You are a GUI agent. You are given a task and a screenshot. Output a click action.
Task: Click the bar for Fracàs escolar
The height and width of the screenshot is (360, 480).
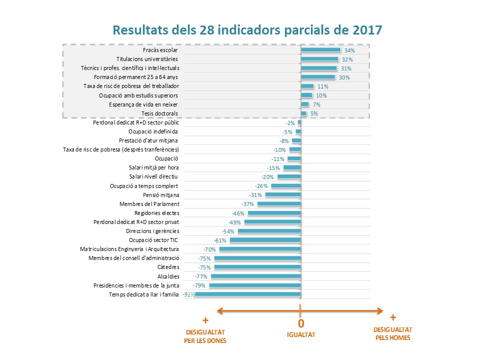(320, 50)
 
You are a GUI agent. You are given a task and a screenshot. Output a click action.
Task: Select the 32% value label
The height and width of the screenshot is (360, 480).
(347, 59)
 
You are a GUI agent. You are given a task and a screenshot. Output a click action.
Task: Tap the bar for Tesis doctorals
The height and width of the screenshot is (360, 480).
(303, 113)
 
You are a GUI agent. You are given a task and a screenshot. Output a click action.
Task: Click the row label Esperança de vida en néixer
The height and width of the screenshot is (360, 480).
(143, 104)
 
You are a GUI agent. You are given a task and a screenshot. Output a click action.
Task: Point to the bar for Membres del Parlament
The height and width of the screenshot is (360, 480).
(279, 204)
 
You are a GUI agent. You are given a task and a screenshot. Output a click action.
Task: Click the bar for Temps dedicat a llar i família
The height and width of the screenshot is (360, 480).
(248, 294)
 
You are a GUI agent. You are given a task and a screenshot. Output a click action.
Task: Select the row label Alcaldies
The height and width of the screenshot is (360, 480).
(168, 276)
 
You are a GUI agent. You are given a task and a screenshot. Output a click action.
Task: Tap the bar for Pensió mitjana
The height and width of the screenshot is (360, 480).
(283, 195)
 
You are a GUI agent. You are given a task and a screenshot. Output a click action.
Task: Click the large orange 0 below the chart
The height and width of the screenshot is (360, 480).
(301, 323)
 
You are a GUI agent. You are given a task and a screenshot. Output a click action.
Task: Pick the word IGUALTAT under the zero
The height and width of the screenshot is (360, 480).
(301, 334)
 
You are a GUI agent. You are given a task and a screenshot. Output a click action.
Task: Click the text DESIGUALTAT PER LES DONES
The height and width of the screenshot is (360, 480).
(206, 336)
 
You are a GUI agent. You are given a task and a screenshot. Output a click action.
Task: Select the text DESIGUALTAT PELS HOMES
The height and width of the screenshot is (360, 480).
(393, 333)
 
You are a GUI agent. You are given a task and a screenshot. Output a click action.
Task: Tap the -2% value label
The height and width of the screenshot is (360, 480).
(290, 122)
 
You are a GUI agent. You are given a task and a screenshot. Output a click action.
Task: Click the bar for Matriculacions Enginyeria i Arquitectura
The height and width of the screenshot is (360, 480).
(260, 249)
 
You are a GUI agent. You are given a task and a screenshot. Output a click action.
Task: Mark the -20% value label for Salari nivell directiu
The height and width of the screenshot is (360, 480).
(267, 177)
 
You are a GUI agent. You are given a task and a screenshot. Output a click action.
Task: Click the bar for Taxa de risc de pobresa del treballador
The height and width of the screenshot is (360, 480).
(307, 86)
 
